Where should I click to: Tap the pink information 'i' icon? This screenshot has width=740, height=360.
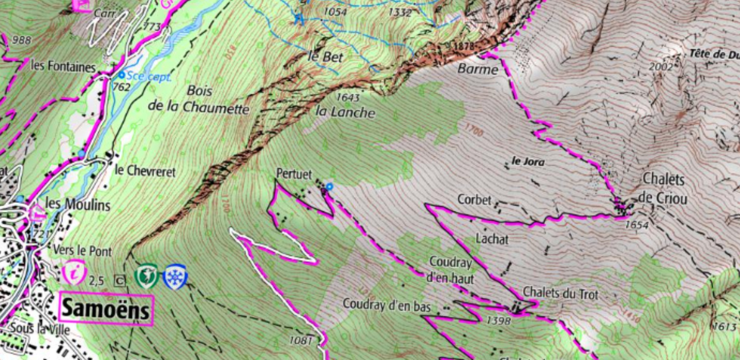pyautogui.click(x=74, y=272)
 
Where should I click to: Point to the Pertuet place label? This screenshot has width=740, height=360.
pyautogui.click(x=294, y=174)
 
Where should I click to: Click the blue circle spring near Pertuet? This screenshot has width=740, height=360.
pyautogui.click(x=329, y=186)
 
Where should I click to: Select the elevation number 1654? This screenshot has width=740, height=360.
pyautogui.click(x=637, y=225)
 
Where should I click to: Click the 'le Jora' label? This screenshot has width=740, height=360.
pyautogui.click(x=528, y=162)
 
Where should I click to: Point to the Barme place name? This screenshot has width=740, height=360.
pyautogui.click(x=478, y=69)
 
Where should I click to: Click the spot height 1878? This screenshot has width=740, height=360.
pyautogui.click(x=463, y=47)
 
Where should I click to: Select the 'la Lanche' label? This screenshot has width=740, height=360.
pyautogui.click(x=345, y=112)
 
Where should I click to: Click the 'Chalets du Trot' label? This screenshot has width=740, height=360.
pyautogui.click(x=560, y=294)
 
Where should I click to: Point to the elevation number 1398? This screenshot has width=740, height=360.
pyautogui.click(x=499, y=321)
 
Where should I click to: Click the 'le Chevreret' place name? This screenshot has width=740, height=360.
pyautogui.click(x=145, y=171)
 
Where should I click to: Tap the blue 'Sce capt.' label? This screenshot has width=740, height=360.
pyautogui.click(x=148, y=77)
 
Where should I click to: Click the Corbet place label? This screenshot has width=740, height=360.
pyautogui.click(x=474, y=200)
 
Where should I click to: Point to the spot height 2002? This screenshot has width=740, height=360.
pyautogui.click(x=661, y=66)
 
